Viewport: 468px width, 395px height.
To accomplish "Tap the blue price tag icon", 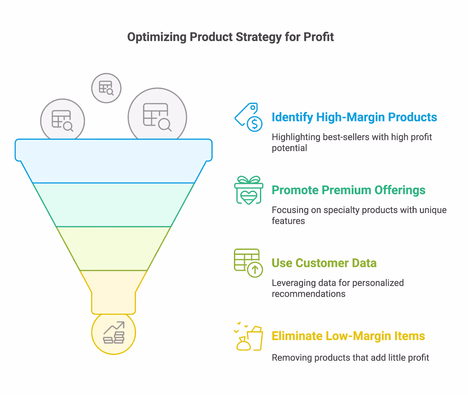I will pos(249,117).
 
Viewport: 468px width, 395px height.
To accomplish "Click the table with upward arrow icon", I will pos(248,263).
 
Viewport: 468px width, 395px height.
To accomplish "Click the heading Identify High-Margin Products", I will pos(354,117).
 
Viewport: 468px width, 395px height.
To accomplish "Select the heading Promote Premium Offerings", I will pos(348,190).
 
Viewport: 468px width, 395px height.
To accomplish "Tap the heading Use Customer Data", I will pos(324,263).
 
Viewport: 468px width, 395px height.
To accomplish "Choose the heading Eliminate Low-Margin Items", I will pos(348,336).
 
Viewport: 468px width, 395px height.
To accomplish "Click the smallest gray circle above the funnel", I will pos(106,88).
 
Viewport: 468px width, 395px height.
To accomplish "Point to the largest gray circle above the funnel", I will pos(157,116).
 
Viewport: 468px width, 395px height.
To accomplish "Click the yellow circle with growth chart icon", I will pos(113,333).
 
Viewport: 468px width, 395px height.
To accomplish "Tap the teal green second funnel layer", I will pos(113,205).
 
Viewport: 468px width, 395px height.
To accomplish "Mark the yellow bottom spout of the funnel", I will pos(113,293).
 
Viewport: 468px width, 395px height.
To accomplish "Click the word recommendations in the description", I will pos(308,294).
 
